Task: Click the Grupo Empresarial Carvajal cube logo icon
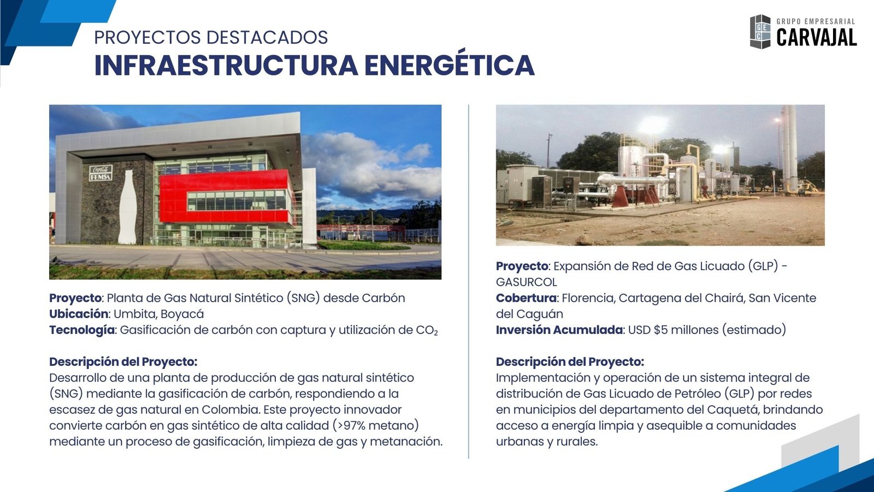pyautogui.click(x=760, y=32)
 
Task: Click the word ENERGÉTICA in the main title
pyautogui.click(x=450, y=65)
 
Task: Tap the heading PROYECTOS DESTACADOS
pyautogui.click(x=211, y=38)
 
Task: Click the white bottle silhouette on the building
pyautogui.click(x=128, y=207)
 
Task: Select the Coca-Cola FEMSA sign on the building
pyautogui.click(x=101, y=173)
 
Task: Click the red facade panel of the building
pyautogui.click(x=226, y=199)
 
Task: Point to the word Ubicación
pyautogui.click(x=79, y=314)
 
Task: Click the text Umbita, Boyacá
pyautogui.click(x=159, y=314)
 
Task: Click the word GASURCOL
pyautogui.click(x=527, y=282)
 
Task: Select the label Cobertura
pyautogui.click(x=526, y=298)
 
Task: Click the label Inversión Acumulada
pyautogui.click(x=559, y=330)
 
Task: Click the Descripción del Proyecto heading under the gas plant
pyautogui.click(x=570, y=362)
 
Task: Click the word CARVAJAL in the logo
pyautogui.click(x=817, y=38)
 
